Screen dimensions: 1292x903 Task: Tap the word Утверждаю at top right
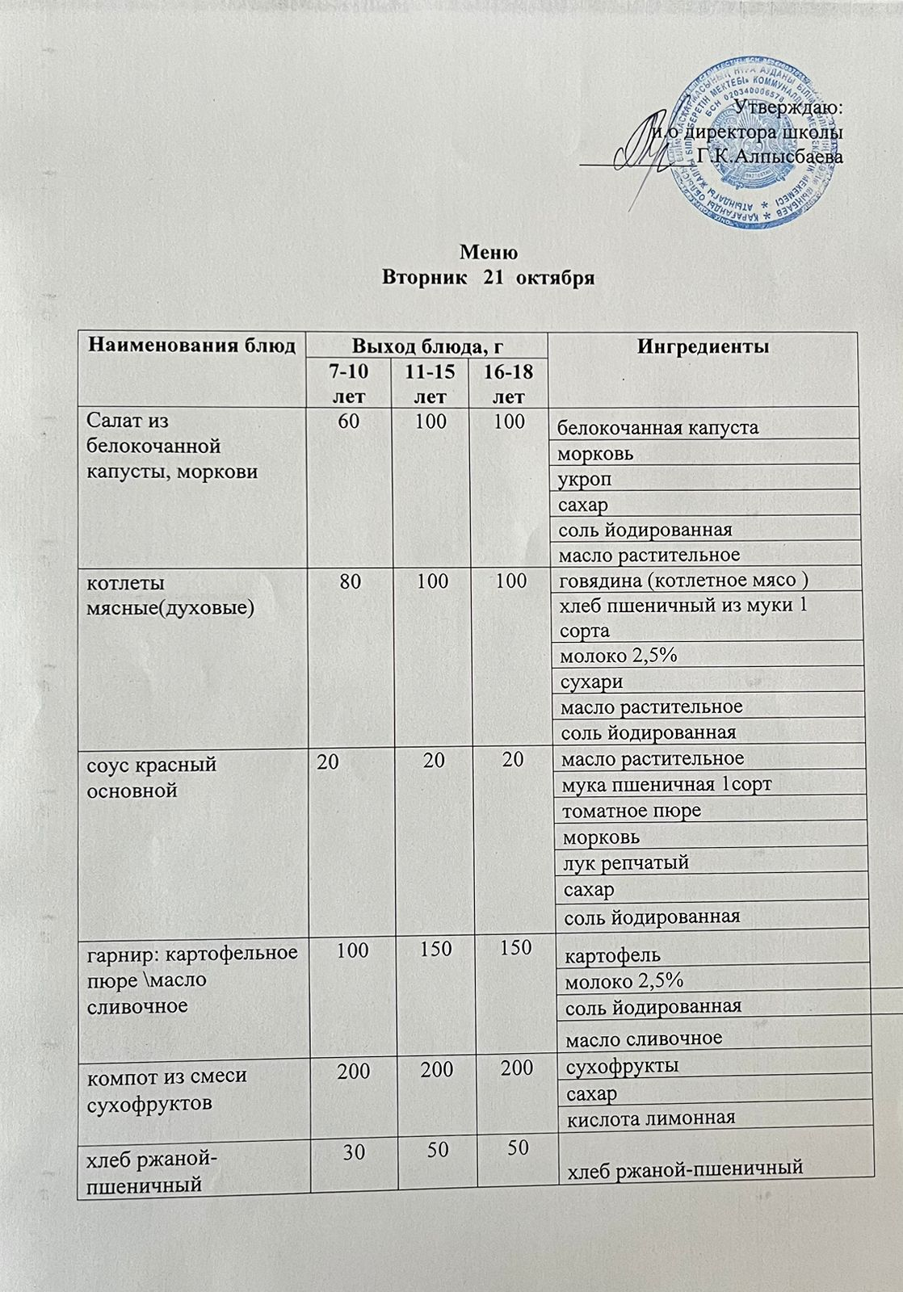tap(790, 107)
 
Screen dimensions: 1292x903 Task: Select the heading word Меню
tap(488, 252)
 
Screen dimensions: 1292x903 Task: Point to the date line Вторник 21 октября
tap(488, 278)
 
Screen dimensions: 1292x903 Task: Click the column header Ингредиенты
tap(703, 346)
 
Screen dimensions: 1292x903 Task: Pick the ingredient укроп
tap(586, 479)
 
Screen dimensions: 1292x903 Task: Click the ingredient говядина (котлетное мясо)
tap(683, 580)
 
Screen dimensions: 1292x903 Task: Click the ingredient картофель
tap(612, 956)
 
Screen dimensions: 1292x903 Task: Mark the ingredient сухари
tap(592, 682)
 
